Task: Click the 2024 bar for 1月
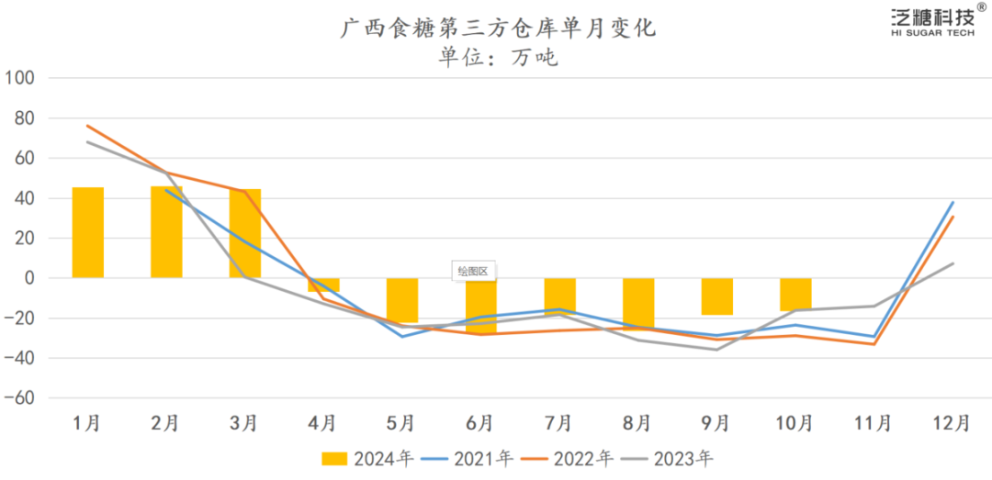(x=88, y=232)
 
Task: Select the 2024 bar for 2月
(x=166, y=232)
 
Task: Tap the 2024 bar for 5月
(x=402, y=300)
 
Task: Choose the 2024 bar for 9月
(x=716, y=296)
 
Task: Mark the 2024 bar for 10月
(x=795, y=295)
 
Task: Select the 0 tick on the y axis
(x=29, y=278)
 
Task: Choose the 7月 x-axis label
(x=559, y=423)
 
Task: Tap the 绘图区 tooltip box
(x=475, y=271)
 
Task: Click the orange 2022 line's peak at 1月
(x=88, y=126)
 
